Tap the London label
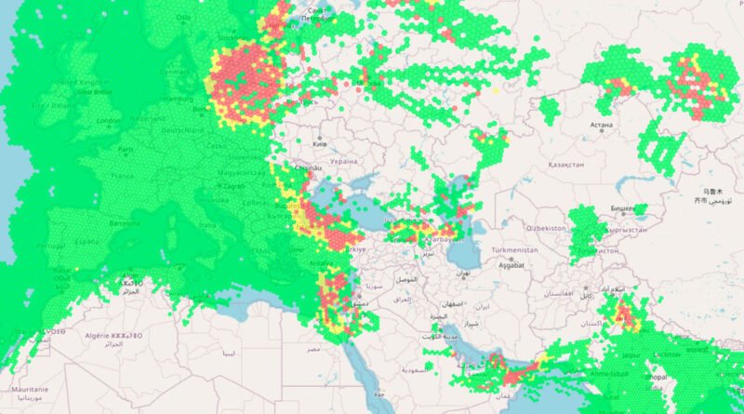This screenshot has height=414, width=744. (x=109, y=121)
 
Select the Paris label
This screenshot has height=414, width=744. (x=126, y=148)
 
